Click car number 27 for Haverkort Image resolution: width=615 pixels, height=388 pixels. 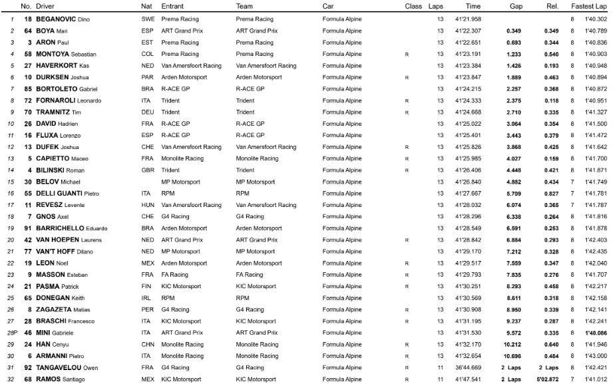tap(27, 66)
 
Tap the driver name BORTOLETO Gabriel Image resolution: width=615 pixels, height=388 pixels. tap(65, 89)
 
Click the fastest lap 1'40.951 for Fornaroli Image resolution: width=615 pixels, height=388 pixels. tap(596, 100)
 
